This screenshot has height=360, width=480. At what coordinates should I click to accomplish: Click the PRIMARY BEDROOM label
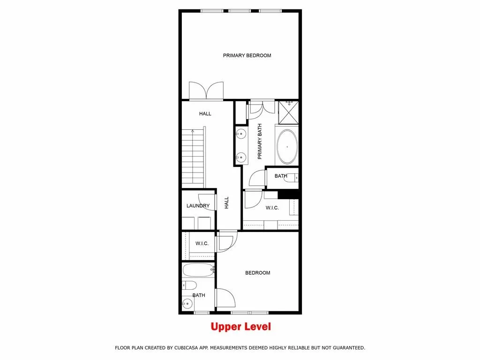[247, 55]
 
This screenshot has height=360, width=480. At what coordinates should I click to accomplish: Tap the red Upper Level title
[240, 327]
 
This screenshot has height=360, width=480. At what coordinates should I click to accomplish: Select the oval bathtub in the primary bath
[287, 147]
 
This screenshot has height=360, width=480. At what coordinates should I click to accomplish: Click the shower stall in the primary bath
[289, 111]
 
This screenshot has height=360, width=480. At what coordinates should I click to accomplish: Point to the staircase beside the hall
[193, 157]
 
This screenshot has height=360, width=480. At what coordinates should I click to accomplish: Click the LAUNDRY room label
[198, 206]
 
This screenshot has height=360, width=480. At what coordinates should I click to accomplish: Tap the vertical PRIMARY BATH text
[260, 141]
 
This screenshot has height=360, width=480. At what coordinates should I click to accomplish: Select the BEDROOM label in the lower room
[257, 273]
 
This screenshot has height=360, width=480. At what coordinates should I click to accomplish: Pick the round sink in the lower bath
[187, 304]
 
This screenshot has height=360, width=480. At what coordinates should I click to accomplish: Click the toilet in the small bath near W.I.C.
[292, 178]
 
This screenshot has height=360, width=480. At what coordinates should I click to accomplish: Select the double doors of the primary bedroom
[206, 91]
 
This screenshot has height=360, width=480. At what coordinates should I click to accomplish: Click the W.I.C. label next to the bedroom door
[202, 243]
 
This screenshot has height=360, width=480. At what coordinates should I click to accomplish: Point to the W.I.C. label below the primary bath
[272, 208]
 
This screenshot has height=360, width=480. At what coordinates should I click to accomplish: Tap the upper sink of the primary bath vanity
[241, 134]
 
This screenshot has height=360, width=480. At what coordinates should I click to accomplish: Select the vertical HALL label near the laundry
[226, 202]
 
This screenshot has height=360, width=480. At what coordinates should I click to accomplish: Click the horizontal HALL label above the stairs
[205, 113]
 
